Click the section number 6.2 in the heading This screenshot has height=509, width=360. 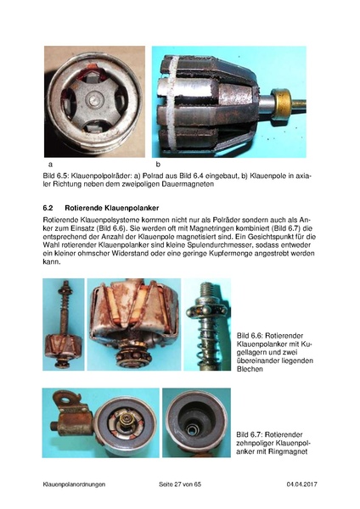click(x=48, y=208)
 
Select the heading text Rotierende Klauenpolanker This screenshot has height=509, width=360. click(x=112, y=208)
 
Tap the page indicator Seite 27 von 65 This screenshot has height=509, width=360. click(x=180, y=484)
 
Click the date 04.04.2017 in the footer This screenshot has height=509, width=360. click(x=302, y=484)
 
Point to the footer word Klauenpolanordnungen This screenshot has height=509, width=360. click(x=74, y=484)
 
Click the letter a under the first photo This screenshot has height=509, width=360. click(x=50, y=165)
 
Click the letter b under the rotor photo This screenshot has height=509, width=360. click(x=158, y=165)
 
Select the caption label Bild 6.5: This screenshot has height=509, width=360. click(x=55, y=176)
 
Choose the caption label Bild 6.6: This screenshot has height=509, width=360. click(x=250, y=336)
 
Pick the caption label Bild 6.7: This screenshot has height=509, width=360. click(x=250, y=434)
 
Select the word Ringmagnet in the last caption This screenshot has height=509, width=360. click(x=288, y=451)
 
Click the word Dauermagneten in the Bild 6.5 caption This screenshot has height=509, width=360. click(x=193, y=184)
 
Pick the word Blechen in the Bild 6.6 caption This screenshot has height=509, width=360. click(x=250, y=369)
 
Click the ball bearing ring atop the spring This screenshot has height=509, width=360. click(x=206, y=309)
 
